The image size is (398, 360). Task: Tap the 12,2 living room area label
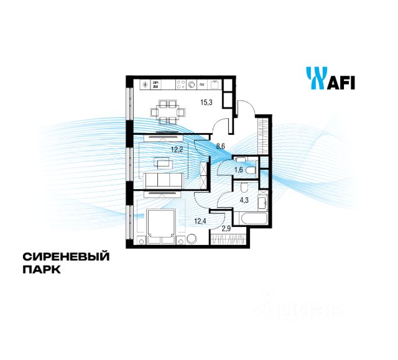click(177, 149)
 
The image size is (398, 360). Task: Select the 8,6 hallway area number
click(221, 147)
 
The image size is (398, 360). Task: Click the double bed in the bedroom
click(162, 226)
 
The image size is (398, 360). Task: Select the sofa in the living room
click(164, 180)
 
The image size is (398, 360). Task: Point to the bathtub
click(251, 219)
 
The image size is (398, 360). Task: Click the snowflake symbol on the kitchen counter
click(144, 85)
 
